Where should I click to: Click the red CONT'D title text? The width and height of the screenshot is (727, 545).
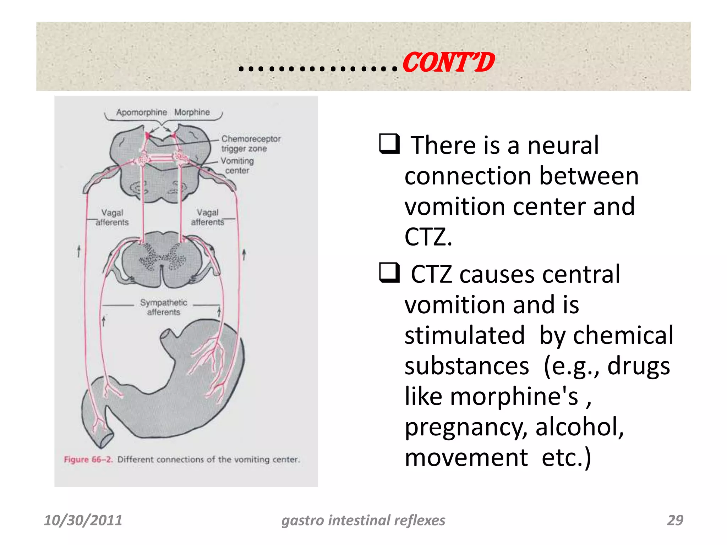pos(448,63)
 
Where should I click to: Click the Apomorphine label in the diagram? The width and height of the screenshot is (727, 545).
pos(141,112)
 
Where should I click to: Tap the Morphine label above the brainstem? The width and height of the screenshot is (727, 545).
pos(192,112)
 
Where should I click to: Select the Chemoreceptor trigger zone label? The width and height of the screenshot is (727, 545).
pos(251,143)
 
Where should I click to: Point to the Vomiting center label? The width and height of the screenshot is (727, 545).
pos(237,165)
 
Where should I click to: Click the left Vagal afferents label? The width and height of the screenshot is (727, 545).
pos(112,217)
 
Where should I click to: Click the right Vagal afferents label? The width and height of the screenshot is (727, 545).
pos(208,217)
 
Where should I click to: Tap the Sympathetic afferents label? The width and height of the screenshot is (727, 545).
pos(163,307)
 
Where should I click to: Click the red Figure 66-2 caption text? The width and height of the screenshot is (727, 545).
pos(88,459)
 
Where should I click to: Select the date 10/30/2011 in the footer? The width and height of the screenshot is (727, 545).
pos(83,520)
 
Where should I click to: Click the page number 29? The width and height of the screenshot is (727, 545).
pos(675,520)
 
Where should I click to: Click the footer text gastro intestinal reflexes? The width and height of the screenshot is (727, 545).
pos(363,520)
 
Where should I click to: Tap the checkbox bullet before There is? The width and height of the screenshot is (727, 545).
pos(389,143)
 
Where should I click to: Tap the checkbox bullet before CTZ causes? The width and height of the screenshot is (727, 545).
pos(389,272)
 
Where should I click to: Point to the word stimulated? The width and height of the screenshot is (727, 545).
pos(464,335)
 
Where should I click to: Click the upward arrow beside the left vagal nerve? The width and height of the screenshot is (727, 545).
pos(79,251)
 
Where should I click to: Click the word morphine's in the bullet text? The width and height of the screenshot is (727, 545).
pos(514,396)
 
